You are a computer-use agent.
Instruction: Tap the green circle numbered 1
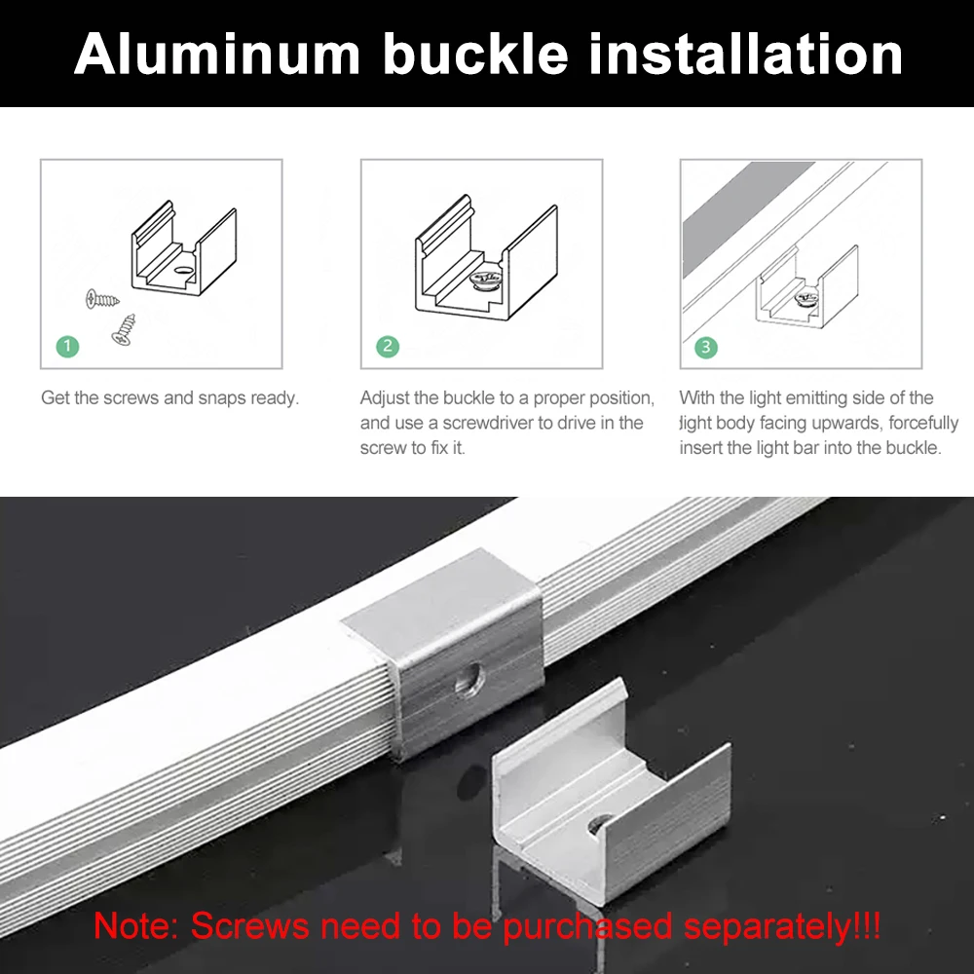(67, 346)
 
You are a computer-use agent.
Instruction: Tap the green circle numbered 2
(388, 346)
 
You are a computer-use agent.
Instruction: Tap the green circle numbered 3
(706, 346)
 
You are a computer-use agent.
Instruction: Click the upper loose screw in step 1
(98, 297)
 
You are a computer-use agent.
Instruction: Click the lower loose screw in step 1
(124, 330)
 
